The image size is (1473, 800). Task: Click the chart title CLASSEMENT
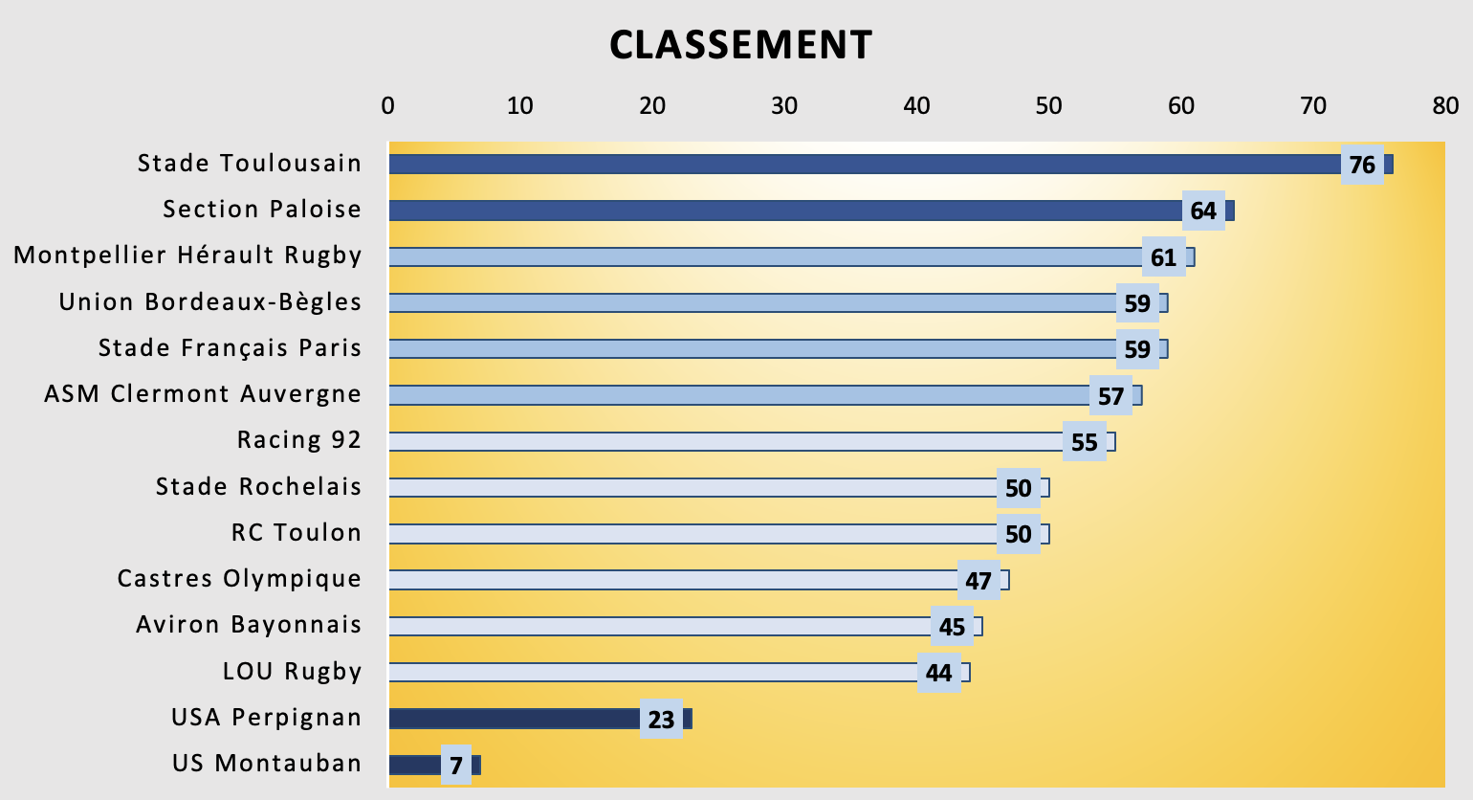pos(740,45)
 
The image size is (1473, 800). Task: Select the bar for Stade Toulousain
pos(861,165)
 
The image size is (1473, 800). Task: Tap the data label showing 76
pos(1362,166)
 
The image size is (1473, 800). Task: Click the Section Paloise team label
pos(262,210)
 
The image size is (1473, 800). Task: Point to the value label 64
pos(1203,211)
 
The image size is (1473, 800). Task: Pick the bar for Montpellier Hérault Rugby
pos(765,256)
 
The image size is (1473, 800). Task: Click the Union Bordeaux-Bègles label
pos(210,302)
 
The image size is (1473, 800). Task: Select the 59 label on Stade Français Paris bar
pos(1137,349)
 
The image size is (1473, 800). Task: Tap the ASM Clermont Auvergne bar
pos(736,395)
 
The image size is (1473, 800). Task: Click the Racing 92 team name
pos(299,440)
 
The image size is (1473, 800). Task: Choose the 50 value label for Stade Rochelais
pos(1019,489)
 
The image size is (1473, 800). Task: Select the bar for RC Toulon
pos(689,534)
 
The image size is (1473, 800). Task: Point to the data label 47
pos(978,581)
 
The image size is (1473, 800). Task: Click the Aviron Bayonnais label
pos(249,625)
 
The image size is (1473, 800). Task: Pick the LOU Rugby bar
pos(650,672)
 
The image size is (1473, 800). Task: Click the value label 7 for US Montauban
pos(456,767)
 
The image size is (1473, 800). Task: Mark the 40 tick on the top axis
pos(916,105)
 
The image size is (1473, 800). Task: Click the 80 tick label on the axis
pos(1445,105)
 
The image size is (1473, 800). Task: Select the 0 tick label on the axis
pos(387,105)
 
